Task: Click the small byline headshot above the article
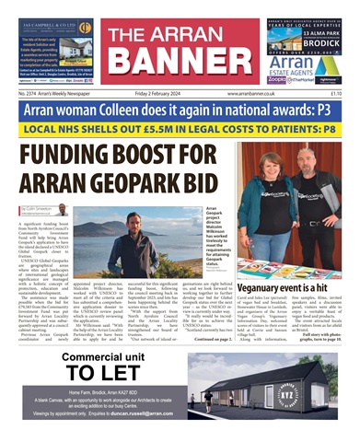click(x=61, y=210)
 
